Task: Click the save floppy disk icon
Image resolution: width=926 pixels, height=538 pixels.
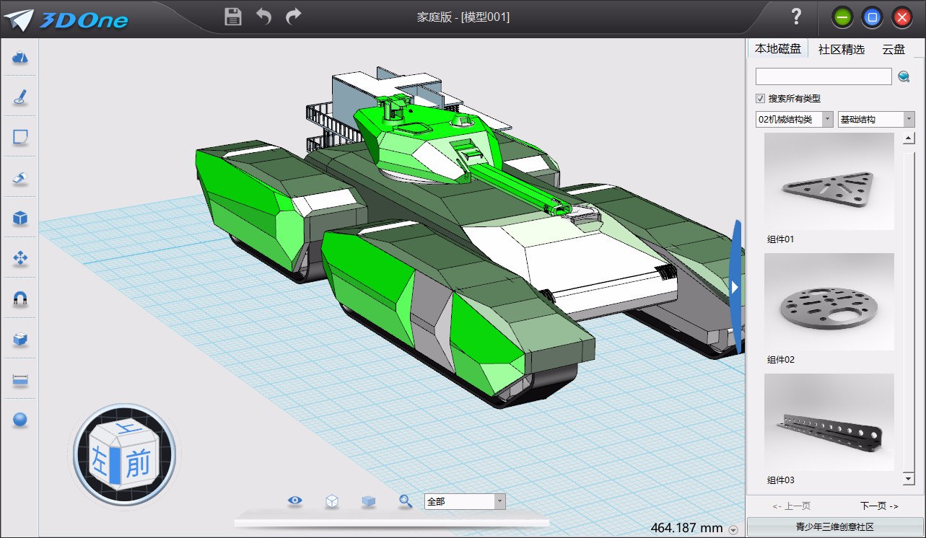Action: pyautogui.click(x=233, y=17)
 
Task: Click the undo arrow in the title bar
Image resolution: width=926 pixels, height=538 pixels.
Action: pyautogui.click(x=263, y=17)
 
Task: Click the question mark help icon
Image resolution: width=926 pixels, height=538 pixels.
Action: pyautogui.click(x=796, y=17)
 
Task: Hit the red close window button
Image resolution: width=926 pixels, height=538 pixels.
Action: pyautogui.click(x=902, y=17)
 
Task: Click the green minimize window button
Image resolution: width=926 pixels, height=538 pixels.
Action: pyautogui.click(x=842, y=17)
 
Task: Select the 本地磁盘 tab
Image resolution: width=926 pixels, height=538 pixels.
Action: pyautogui.click(x=777, y=49)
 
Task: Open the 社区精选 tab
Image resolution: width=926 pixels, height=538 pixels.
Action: pyautogui.click(x=841, y=49)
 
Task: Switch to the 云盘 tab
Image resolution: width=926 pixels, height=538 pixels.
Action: pyautogui.click(x=894, y=49)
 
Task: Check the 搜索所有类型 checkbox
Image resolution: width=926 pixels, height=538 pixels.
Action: pyautogui.click(x=760, y=99)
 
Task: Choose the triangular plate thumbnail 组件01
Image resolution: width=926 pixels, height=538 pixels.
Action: pyautogui.click(x=829, y=181)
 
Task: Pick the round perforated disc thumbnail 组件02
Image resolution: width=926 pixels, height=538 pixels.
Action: pyautogui.click(x=829, y=301)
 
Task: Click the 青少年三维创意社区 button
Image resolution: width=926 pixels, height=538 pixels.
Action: pyautogui.click(x=834, y=527)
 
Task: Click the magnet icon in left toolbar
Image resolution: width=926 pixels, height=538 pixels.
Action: pyautogui.click(x=20, y=299)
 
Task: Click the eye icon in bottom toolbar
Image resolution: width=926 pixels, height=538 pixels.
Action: pyautogui.click(x=294, y=501)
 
